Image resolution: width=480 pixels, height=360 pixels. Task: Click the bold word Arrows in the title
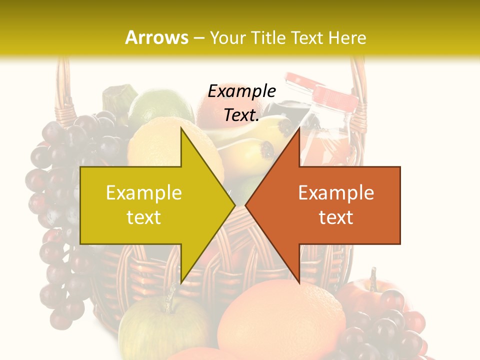click(x=157, y=37)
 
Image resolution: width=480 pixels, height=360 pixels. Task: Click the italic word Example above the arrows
click(x=242, y=91)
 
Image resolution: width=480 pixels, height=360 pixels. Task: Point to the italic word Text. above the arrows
click(x=242, y=115)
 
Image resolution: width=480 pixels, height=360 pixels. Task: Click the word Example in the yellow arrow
click(x=144, y=193)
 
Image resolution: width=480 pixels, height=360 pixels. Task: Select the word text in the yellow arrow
click(x=144, y=217)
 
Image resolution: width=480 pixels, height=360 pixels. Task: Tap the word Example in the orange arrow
click(x=336, y=193)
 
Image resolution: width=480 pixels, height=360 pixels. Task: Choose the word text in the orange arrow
click(x=336, y=217)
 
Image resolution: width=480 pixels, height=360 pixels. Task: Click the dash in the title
click(x=198, y=38)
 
